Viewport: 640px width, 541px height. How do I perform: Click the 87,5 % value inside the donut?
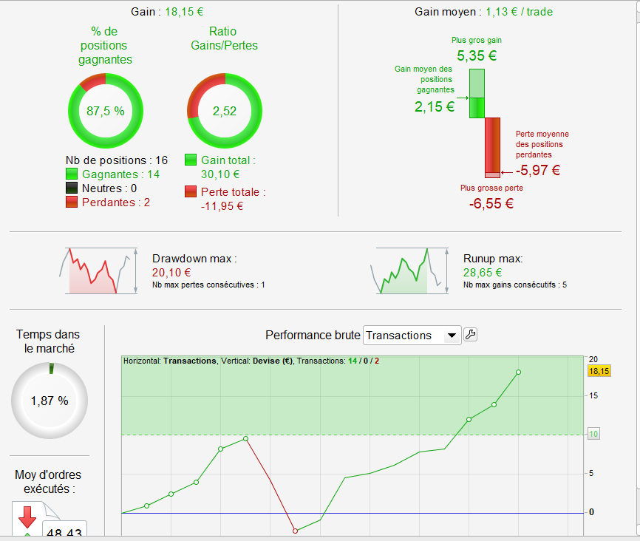[105, 111]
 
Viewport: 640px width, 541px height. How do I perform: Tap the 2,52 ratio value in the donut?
[224, 111]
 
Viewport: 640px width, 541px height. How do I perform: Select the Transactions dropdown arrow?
[451, 336]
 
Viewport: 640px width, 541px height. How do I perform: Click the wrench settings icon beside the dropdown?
[470, 335]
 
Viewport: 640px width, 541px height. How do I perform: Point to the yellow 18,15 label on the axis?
[599, 371]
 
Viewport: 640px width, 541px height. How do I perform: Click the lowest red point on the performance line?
[295, 531]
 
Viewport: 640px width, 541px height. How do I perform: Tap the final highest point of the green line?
[519, 372]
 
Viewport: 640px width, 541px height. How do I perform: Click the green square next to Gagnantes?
[72, 174]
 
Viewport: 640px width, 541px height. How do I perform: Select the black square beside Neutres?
[72, 188]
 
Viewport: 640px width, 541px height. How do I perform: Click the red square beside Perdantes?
[72, 203]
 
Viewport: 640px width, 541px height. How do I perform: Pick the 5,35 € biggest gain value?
[477, 55]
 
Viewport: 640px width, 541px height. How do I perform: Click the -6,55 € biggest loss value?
[491, 203]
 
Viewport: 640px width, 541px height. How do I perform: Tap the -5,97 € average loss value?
[538, 170]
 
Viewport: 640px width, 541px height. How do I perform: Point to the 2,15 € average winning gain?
[435, 106]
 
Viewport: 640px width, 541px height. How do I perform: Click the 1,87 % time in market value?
[50, 401]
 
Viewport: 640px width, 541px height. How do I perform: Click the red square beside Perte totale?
[191, 192]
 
